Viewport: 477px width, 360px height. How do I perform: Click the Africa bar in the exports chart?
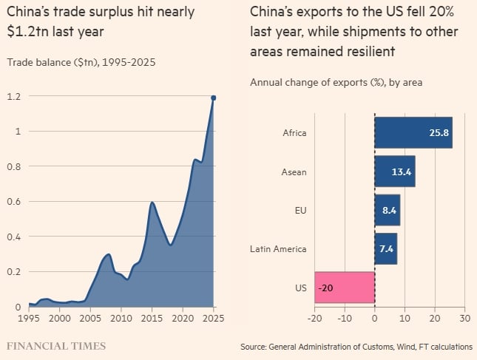(x=413, y=133)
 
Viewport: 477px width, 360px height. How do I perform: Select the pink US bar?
(x=345, y=288)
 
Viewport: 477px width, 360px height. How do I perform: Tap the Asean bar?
(x=394, y=171)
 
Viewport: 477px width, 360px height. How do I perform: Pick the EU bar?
(x=387, y=210)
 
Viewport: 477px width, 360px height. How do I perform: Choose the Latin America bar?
(x=385, y=249)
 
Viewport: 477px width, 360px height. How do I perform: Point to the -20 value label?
(x=326, y=288)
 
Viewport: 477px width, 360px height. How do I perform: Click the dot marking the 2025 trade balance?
(x=214, y=98)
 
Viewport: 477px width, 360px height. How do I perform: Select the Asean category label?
(x=294, y=171)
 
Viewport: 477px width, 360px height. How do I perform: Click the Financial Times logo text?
(x=56, y=345)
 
